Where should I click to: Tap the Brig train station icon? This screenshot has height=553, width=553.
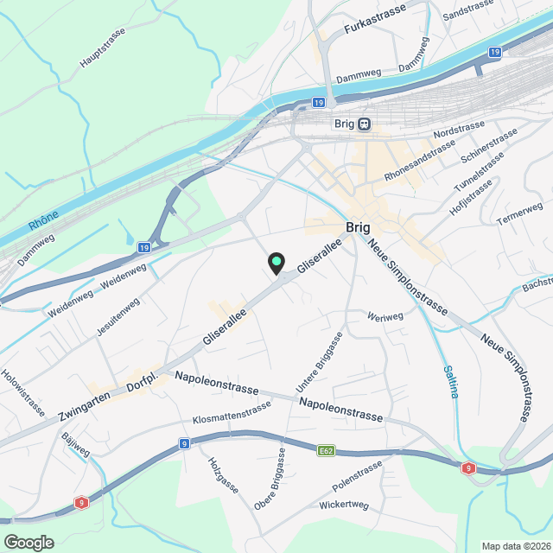365,124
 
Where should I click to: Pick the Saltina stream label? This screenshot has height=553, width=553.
450,380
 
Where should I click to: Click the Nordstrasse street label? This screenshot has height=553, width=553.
455,134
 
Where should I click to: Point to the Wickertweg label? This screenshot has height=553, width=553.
343,505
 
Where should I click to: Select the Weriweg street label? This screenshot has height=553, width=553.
385,317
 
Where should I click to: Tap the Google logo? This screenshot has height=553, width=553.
29,542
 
